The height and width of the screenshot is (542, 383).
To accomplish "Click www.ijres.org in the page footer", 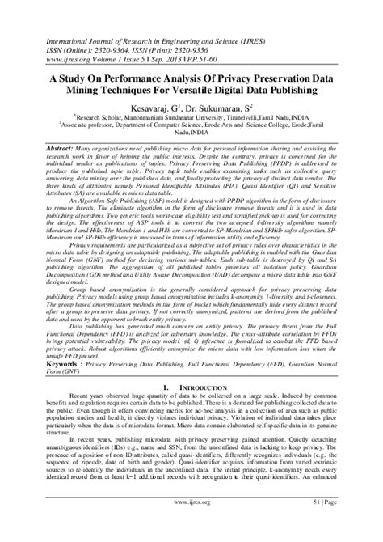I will [x=191, y=525].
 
